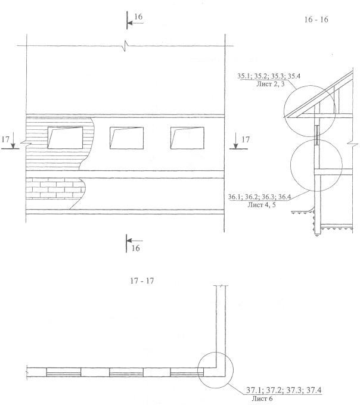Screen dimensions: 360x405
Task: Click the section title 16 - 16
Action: (316, 20)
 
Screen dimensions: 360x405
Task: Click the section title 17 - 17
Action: (142, 281)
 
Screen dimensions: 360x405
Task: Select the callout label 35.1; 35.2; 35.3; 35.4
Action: (269, 76)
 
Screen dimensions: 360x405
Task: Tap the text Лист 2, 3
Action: (271, 84)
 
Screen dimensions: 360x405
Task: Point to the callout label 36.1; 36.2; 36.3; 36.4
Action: (259, 197)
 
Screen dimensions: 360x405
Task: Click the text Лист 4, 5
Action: (262, 205)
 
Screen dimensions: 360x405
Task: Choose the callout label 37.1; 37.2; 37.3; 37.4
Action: (284, 390)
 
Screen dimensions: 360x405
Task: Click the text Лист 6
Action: (262, 398)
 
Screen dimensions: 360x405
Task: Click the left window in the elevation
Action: (65, 138)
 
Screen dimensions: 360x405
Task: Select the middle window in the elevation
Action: (126, 138)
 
